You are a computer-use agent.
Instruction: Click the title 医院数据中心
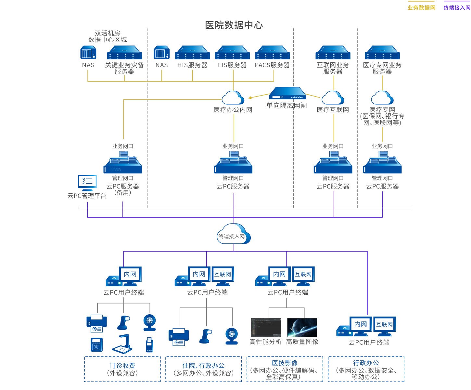234,25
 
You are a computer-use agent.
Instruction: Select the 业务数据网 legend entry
421,7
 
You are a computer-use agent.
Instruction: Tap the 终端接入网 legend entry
457,7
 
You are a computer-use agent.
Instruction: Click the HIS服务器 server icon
192,53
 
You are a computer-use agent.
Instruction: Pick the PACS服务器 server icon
272,53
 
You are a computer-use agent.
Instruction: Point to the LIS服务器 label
232,65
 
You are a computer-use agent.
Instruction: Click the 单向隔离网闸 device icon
287,93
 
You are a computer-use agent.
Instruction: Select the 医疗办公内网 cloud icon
233,98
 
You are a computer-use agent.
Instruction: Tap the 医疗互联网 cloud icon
333,98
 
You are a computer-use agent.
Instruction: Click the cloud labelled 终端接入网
234,234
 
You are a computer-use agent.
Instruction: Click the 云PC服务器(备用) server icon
123,162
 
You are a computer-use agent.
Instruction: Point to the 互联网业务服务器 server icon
333,53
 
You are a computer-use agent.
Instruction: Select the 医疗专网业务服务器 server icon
382,53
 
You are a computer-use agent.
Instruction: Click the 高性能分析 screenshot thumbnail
266,328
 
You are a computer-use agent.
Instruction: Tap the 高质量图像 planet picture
302,328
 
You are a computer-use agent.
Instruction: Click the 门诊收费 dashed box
122,369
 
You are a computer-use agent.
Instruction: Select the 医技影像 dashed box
285,369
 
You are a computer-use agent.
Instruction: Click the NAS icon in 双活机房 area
88,53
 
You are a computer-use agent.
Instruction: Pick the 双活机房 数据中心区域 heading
108,36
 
